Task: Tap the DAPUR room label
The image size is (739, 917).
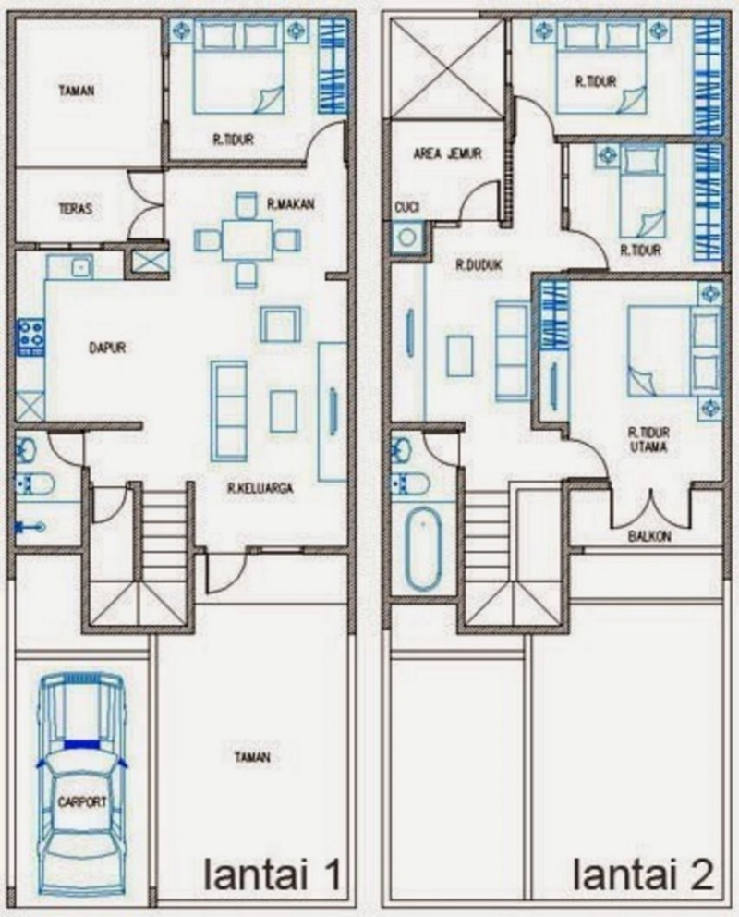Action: pyautogui.click(x=107, y=348)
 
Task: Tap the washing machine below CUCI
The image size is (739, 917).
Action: pyautogui.click(x=407, y=238)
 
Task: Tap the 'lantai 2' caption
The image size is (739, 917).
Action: pyautogui.click(x=644, y=874)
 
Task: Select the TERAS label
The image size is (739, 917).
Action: pyautogui.click(x=75, y=209)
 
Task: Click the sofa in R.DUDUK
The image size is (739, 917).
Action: pyautogui.click(x=513, y=350)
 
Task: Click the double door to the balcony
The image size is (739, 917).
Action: pyautogui.click(x=652, y=504)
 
